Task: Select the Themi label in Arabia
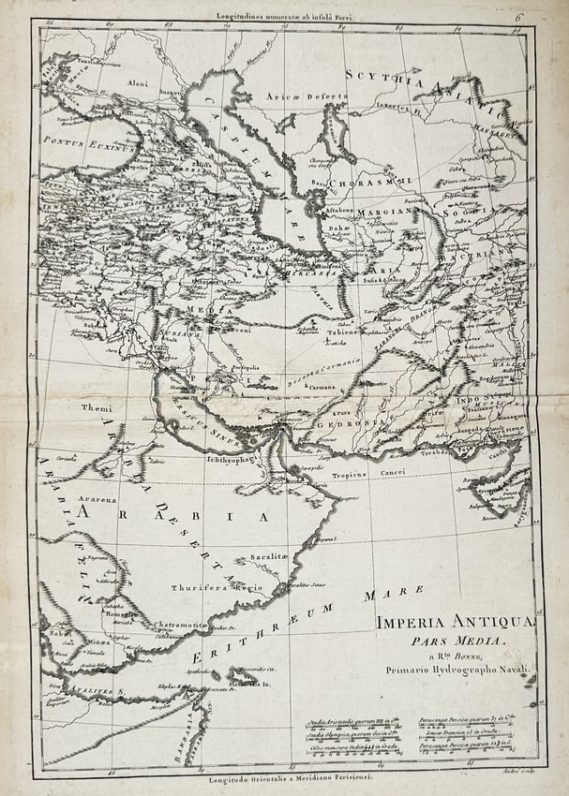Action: coord(96,408)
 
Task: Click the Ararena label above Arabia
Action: coord(97,500)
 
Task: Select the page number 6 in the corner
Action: coord(543,16)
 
